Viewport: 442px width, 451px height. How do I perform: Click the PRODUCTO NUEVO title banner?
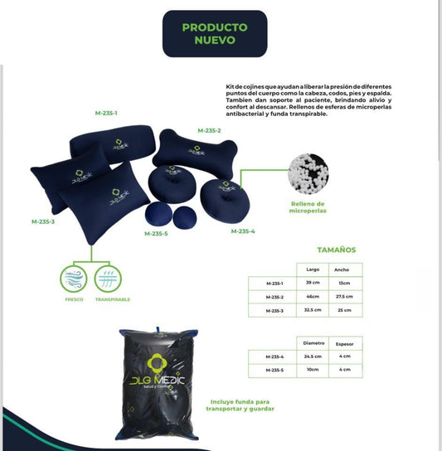click(215, 33)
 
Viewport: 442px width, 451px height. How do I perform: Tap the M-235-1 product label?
click(105, 113)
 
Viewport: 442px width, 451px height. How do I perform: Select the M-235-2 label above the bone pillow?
click(209, 130)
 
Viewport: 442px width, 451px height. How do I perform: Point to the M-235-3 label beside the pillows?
click(43, 221)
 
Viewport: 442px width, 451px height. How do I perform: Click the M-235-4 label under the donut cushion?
click(243, 230)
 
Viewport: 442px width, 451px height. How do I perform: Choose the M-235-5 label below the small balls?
click(156, 234)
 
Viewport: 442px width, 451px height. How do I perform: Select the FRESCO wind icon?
click(72, 278)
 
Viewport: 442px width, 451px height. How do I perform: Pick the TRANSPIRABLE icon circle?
click(111, 278)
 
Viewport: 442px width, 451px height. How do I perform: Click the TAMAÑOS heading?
click(337, 249)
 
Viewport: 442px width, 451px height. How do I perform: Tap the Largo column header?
click(313, 269)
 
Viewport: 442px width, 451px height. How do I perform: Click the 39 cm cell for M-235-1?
click(313, 284)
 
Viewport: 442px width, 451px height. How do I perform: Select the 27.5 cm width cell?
click(343, 297)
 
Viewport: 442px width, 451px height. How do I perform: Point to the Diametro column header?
click(313, 342)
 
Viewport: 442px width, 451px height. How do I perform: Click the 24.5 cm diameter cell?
click(313, 356)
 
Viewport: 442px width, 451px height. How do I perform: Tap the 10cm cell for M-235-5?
click(313, 369)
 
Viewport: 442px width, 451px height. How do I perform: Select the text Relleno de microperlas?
click(308, 206)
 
